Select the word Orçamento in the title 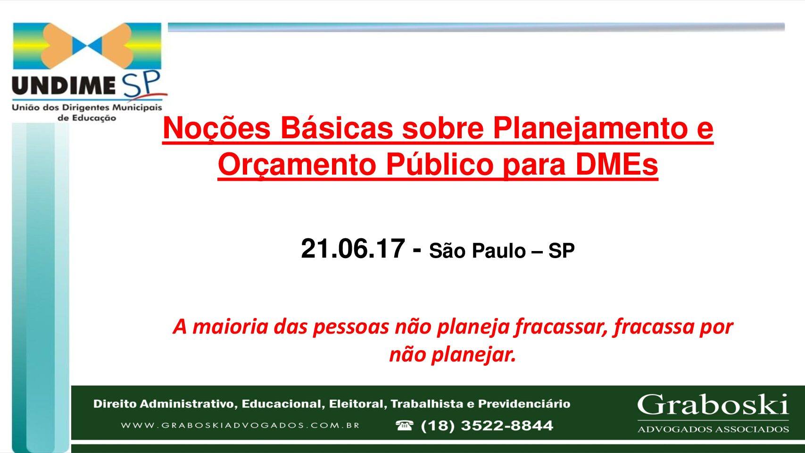pos(297,165)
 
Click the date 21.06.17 pos(353,248)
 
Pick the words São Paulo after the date pos(478,251)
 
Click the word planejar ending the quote pos(473,355)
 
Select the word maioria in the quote pos(230,327)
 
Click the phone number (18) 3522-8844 pos(487,426)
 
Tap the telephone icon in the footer pos(405,426)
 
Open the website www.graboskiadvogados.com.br pos(240,425)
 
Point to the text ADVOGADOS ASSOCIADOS pos(713,429)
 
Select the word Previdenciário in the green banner pos(524,404)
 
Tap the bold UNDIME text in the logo pos(64,85)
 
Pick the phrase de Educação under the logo pos(87,118)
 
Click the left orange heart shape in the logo pos(58,46)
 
